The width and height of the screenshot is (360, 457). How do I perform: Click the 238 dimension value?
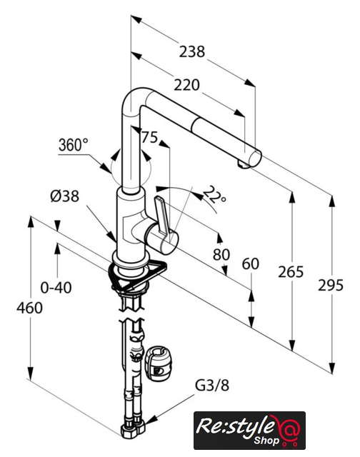[x=192, y=51]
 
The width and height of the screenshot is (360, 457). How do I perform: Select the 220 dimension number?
[x=187, y=85]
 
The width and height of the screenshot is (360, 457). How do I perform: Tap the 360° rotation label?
[x=73, y=144]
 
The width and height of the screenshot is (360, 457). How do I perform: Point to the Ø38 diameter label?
[x=65, y=196]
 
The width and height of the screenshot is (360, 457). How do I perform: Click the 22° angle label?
[x=214, y=195]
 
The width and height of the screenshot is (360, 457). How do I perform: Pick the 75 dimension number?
[x=149, y=137]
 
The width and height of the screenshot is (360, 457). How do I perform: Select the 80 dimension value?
[x=221, y=254]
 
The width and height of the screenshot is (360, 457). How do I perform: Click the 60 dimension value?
[x=251, y=264]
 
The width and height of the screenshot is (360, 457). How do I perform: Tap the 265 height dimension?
[x=291, y=272]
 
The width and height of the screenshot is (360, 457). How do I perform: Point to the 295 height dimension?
[x=331, y=285]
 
